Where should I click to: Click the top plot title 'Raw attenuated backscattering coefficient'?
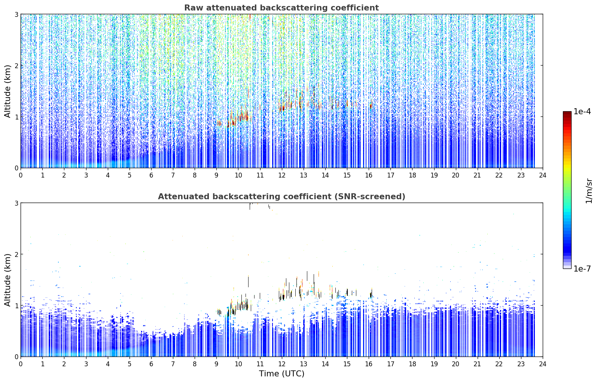click(281, 8)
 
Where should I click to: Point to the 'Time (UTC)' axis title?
click(281, 373)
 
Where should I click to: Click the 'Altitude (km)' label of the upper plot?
click(7, 91)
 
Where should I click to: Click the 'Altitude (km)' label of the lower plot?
click(7, 280)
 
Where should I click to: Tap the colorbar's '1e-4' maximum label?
click(582, 112)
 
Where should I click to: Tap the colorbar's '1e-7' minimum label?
click(582, 269)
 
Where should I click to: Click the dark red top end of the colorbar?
click(567, 113)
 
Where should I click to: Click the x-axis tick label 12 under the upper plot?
click(282, 175)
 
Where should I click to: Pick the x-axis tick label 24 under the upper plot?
click(543, 175)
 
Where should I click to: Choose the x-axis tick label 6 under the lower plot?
click(151, 364)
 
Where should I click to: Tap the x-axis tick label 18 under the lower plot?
click(412, 364)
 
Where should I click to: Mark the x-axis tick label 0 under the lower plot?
click(21, 364)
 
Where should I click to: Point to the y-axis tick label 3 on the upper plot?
click(16, 14)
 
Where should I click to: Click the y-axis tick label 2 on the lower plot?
click(16, 254)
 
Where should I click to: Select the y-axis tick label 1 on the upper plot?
click(16, 117)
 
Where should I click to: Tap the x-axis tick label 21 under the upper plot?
click(477, 175)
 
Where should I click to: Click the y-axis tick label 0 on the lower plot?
click(16, 357)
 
